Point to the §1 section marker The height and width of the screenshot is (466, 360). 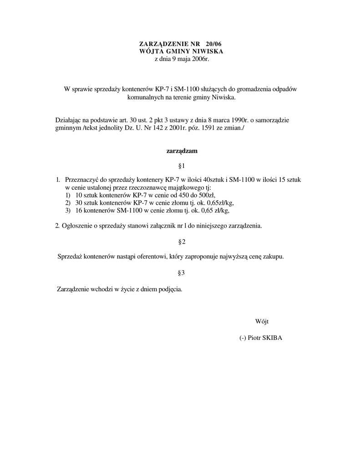[x=181, y=165]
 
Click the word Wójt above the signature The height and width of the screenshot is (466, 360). [x=262, y=322]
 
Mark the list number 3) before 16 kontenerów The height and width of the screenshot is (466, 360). [x=68, y=211]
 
